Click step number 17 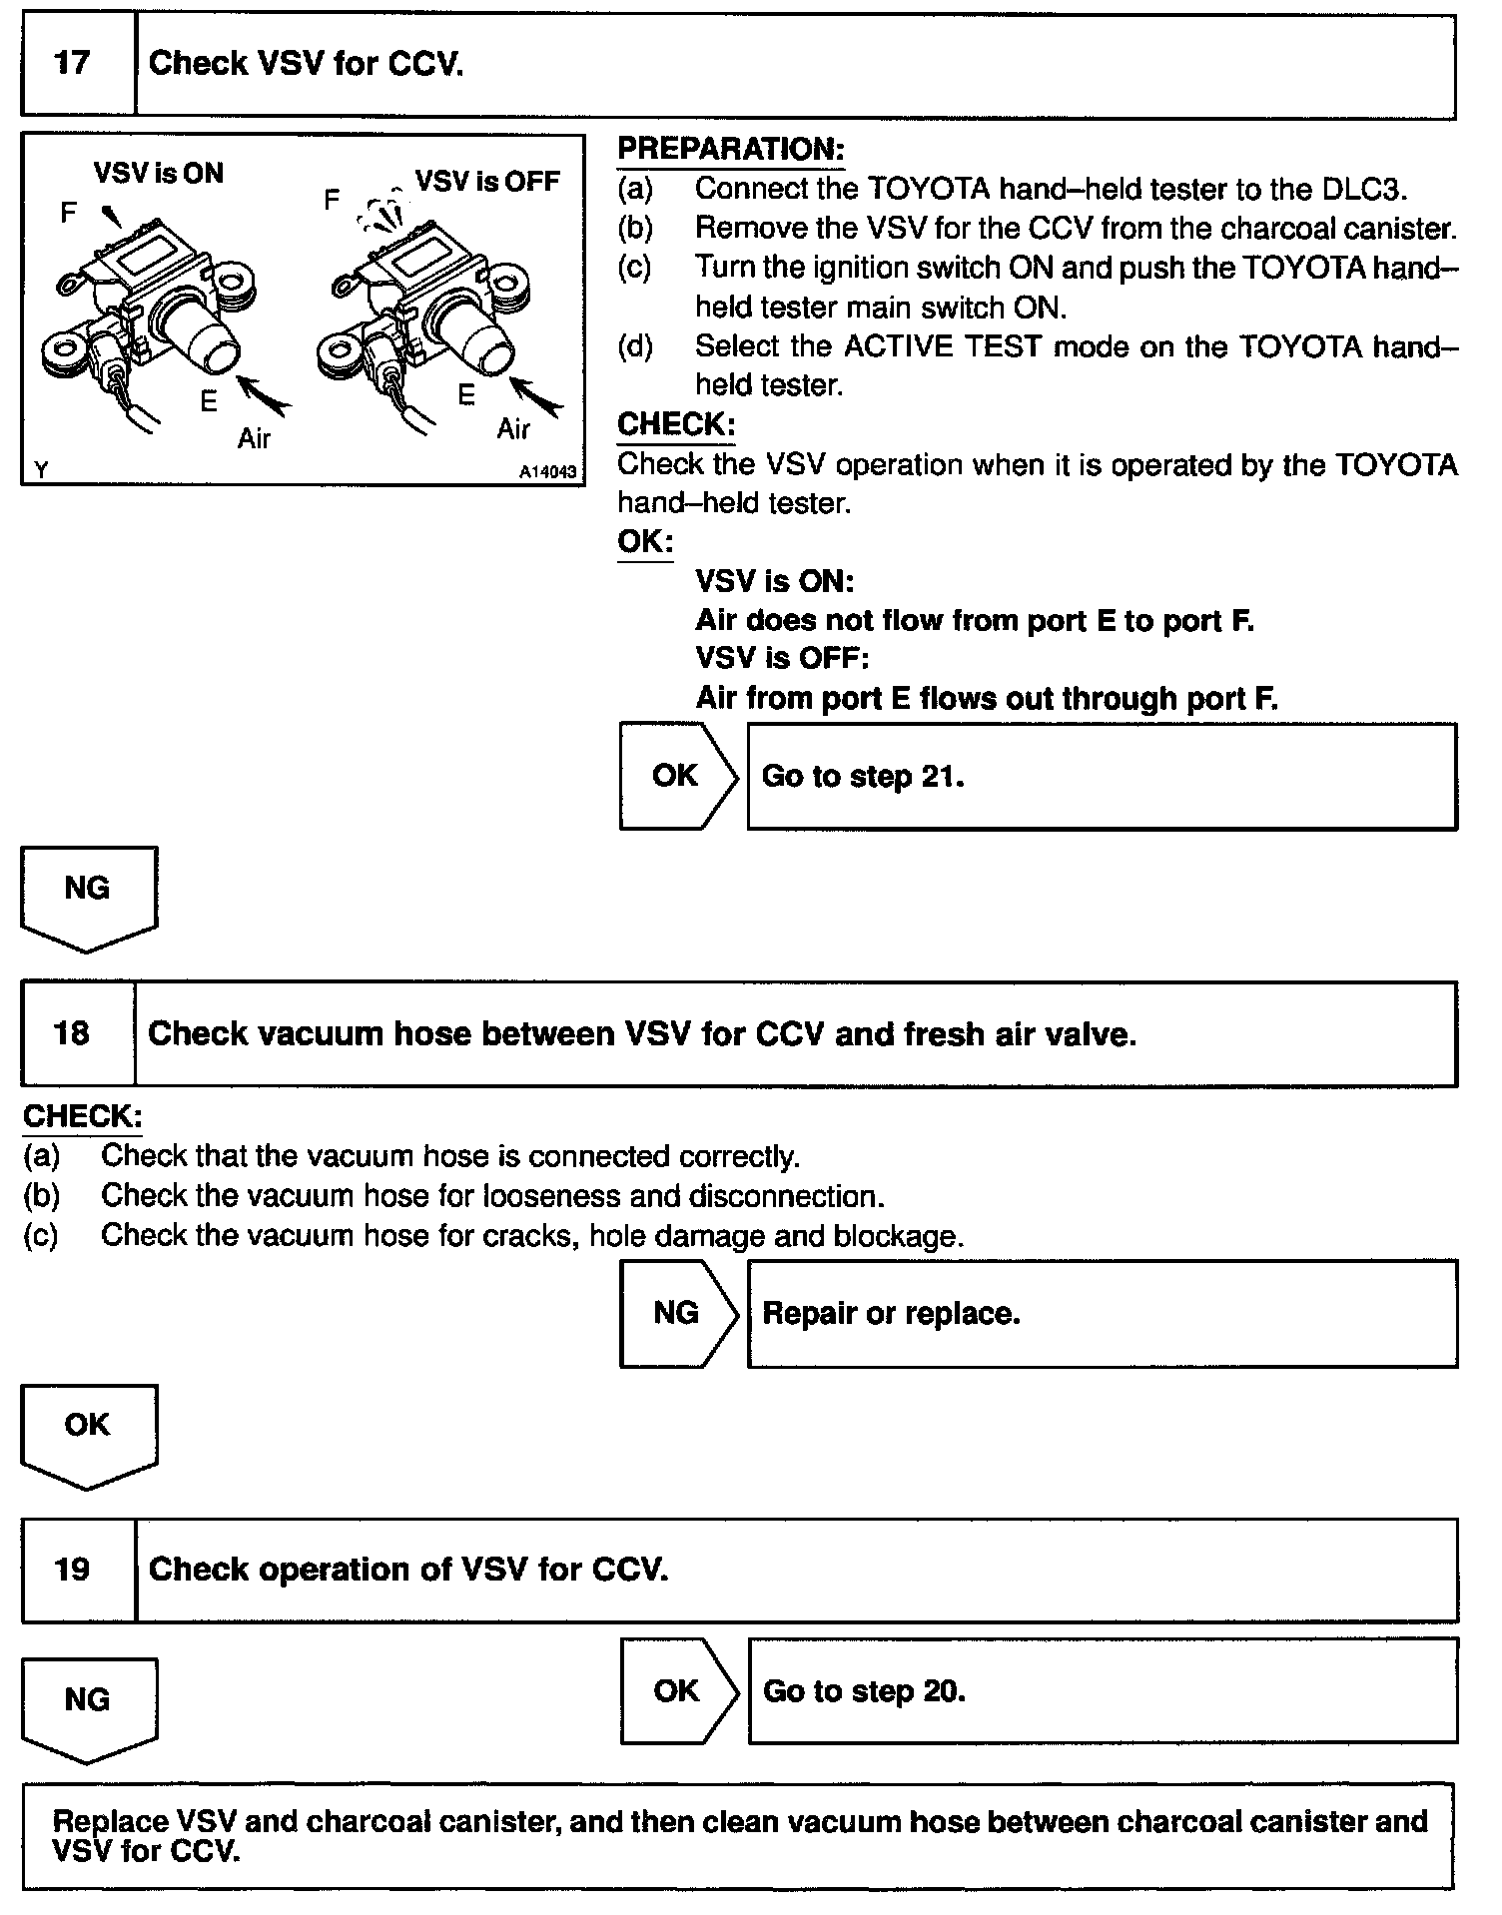[x=72, y=64]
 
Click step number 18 [x=72, y=1032]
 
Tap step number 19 [x=72, y=1570]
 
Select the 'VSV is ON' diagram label [x=159, y=174]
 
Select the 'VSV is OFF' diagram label [x=487, y=182]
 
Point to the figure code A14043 [x=547, y=471]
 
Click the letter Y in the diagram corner [x=41, y=469]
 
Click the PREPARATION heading [x=730, y=149]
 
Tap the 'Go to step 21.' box [x=1102, y=777]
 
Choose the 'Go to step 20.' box [x=1102, y=1691]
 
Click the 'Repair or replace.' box [x=1102, y=1313]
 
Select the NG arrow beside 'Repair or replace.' [x=677, y=1313]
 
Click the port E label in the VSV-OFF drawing [x=466, y=395]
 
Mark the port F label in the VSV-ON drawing [x=68, y=213]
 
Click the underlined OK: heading [x=645, y=542]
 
